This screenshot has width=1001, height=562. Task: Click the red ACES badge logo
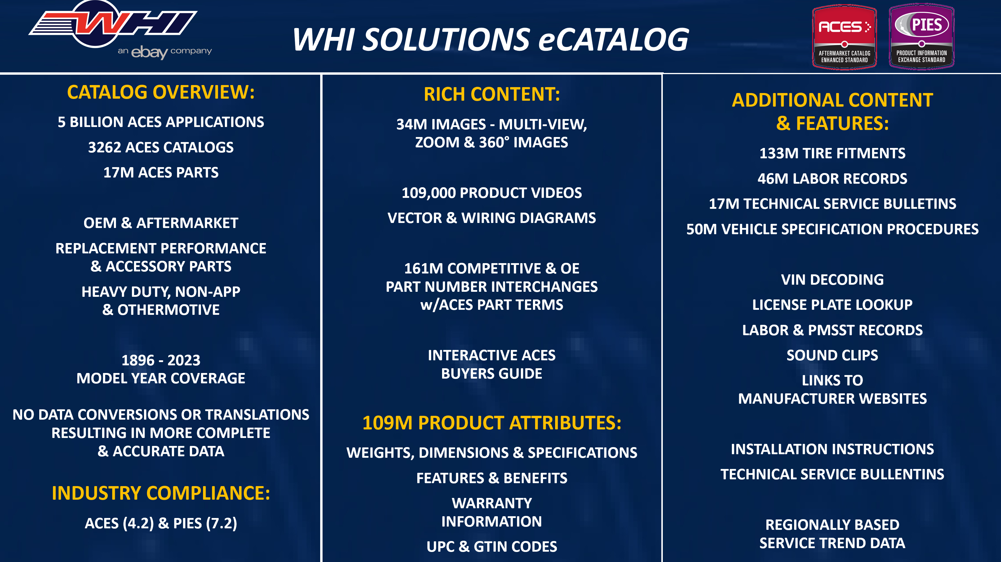coord(844,37)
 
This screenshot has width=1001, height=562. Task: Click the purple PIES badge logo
coord(921,37)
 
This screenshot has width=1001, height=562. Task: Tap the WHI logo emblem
coord(113,27)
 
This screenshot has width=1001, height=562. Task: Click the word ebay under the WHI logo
coord(150,52)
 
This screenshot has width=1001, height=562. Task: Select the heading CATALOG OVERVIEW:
coord(161,92)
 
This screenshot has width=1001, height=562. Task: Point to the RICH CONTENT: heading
coord(492,95)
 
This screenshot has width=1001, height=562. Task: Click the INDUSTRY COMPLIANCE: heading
coord(161,493)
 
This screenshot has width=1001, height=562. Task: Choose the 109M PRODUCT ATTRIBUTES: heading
coord(492,423)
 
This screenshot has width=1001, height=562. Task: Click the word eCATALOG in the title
coord(614,40)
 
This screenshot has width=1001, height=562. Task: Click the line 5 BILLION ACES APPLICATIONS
coord(161,122)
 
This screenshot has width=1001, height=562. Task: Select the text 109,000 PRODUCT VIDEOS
coord(492,193)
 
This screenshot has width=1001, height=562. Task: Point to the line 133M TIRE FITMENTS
coord(832,153)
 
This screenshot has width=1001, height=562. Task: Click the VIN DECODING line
coord(832,280)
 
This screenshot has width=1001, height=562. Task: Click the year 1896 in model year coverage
coord(138,360)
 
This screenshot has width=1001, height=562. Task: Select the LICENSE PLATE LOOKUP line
coord(832,305)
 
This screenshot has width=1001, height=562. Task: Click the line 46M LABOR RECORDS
coord(832,178)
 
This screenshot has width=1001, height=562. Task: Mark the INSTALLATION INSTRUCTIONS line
coord(832,449)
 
